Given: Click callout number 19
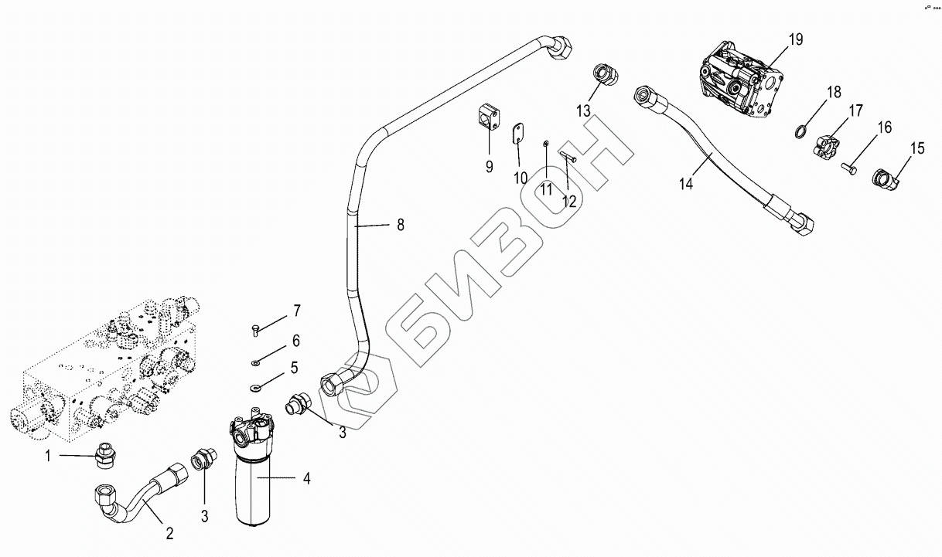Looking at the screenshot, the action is tap(796, 39).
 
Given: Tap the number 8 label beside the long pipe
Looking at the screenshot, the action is tap(400, 225).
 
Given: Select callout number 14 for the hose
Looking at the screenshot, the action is tap(687, 183).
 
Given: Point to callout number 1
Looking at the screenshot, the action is tap(48, 456).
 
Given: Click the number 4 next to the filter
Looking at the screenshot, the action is tap(306, 479).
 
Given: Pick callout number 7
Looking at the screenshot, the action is tap(295, 311).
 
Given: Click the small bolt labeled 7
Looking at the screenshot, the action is tap(256, 329).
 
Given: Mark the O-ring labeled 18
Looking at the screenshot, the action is tap(802, 130).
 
